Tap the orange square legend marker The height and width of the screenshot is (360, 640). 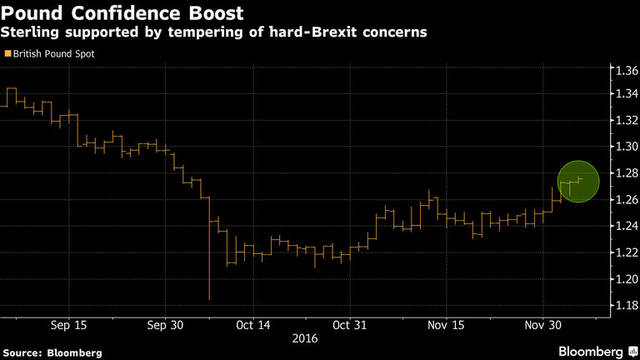coord(7,53)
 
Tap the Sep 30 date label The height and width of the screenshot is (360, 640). coord(165,325)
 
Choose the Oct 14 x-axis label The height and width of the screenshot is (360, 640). coord(253,325)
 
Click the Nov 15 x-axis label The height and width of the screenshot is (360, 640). coord(446,325)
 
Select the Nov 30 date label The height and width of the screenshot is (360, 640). coord(542,325)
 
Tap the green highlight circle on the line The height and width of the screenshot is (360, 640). coord(578,181)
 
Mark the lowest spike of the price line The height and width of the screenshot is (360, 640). coord(208,298)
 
